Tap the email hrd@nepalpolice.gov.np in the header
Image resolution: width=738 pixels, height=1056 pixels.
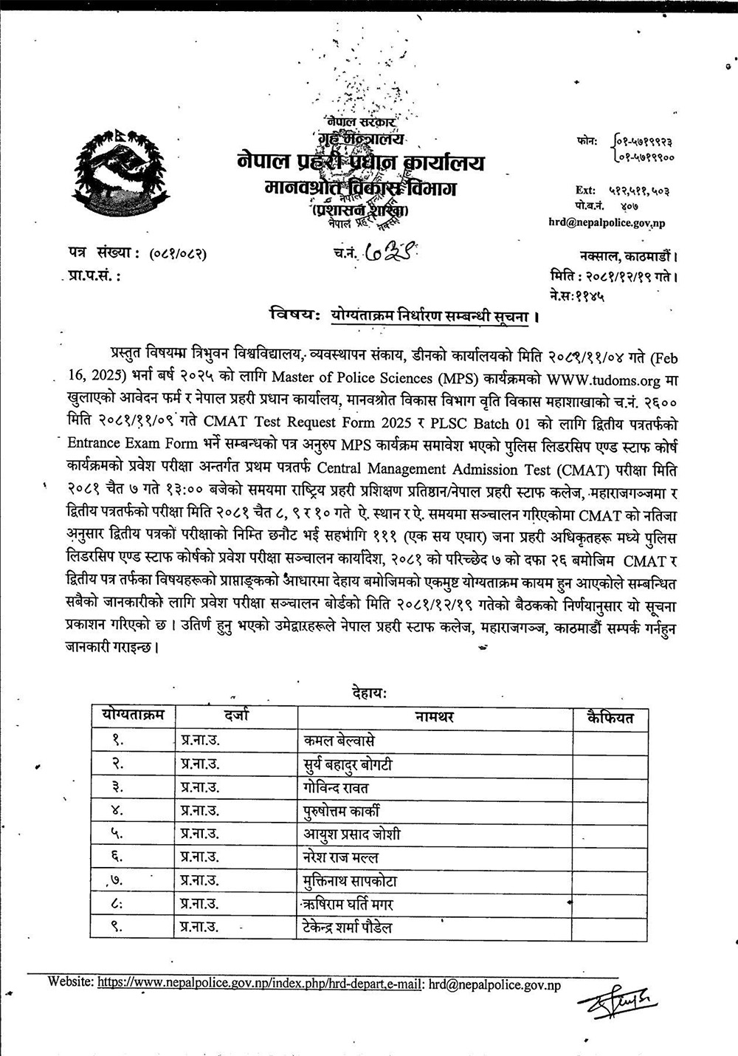(x=606, y=222)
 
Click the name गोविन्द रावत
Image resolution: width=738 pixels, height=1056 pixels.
(x=336, y=787)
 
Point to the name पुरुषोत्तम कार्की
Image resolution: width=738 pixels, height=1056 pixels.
(x=342, y=811)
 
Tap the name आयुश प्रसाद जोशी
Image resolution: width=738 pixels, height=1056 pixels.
(x=352, y=834)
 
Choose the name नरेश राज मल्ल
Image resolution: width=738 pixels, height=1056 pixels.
(x=341, y=857)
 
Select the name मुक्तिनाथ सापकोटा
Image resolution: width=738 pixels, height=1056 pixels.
(x=351, y=880)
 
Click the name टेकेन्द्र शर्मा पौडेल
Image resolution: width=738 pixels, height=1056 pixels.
(x=348, y=927)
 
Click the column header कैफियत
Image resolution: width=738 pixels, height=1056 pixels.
(x=610, y=717)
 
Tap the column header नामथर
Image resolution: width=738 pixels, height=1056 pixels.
(x=434, y=717)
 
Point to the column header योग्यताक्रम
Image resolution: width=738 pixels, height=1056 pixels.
(x=133, y=714)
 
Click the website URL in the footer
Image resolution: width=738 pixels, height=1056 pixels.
(x=259, y=984)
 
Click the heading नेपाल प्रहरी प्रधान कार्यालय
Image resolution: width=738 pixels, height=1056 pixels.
(x=361, y=162)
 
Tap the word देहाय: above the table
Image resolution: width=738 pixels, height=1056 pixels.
(x=366, y=693)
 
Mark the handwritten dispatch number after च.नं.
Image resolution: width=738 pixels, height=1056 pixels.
(x=387, y=253)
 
